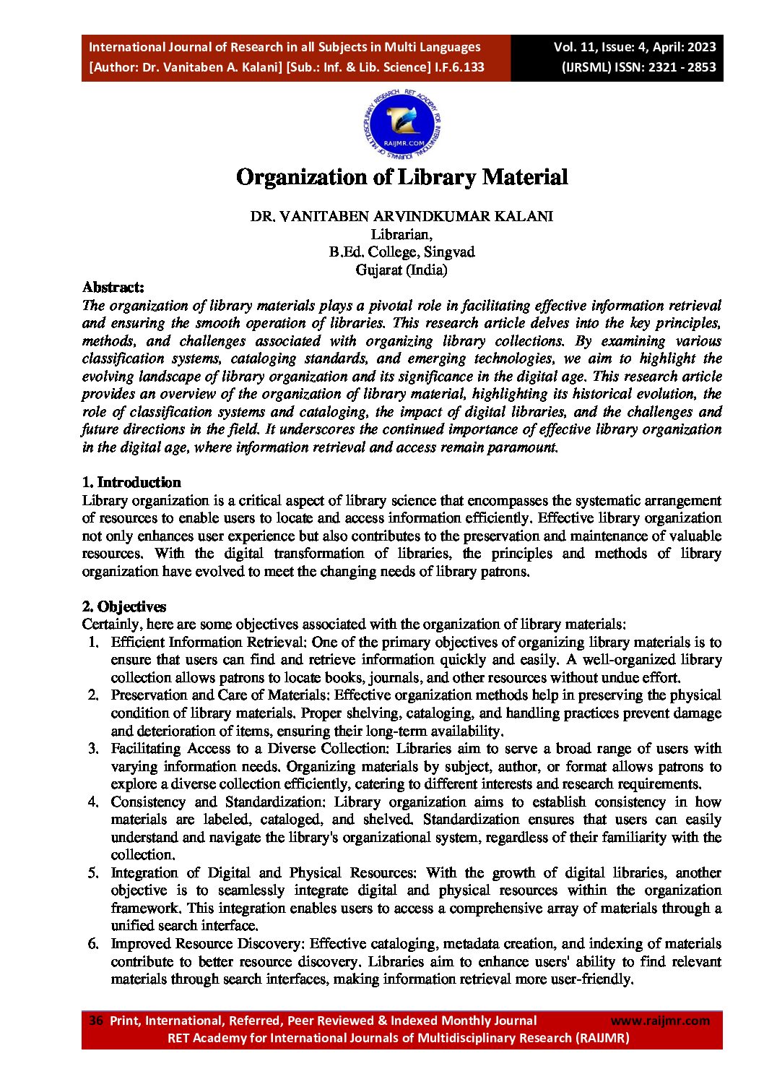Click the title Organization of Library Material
pyautogui.click(x=402, y=177)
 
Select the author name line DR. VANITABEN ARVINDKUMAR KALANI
pyautogui.click(x=401, y=216)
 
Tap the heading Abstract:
pyautogui.click(x=113, y=287)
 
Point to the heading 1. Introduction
pyautogui.click(x=131, y=482)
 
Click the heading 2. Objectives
pyautogui.click(x=124, y=606)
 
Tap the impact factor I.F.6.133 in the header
pyautogui.click(x=459, y=67)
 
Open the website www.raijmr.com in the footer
pyautogui.click(x=660, y=1021)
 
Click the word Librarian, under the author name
pyautogui.click(x=401, y=234)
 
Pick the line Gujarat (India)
pyautogui.click(x=401, y=270)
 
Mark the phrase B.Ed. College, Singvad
pyautogui.click(x=401, y=252)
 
